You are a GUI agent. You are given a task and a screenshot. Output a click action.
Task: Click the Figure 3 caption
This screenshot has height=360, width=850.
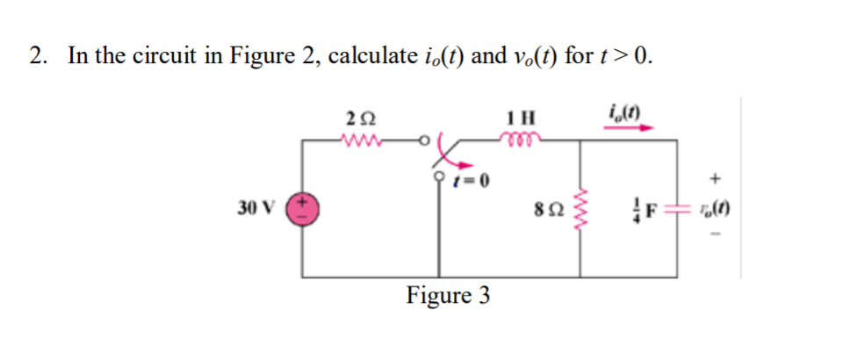point(448,295)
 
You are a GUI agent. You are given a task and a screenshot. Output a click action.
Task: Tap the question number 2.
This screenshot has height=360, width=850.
point(36,57)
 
